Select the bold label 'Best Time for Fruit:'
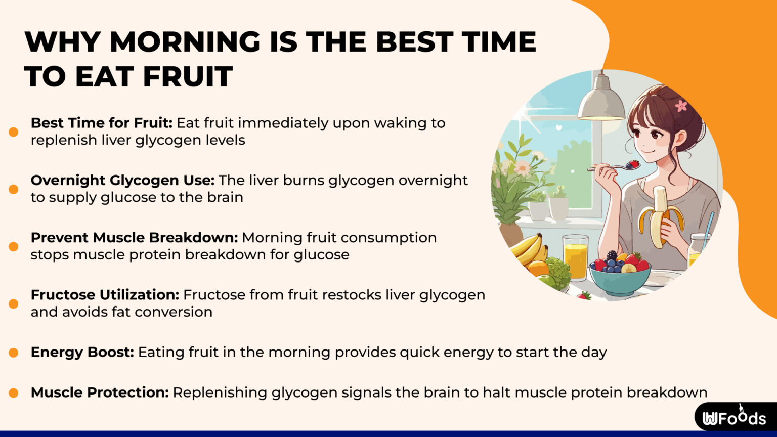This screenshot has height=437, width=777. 102,123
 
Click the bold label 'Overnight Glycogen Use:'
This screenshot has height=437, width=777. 123,180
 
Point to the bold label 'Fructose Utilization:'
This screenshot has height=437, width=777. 105,294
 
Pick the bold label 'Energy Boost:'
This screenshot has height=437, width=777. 82,352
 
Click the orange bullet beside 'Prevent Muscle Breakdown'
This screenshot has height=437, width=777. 14,246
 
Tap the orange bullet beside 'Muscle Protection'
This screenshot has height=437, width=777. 14,392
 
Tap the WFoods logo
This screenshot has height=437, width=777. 734,418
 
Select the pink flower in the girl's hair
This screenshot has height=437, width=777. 681,106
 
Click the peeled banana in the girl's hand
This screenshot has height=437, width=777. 660,215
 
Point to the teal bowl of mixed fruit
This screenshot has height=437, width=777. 619,276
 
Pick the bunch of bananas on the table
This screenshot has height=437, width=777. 529,251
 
